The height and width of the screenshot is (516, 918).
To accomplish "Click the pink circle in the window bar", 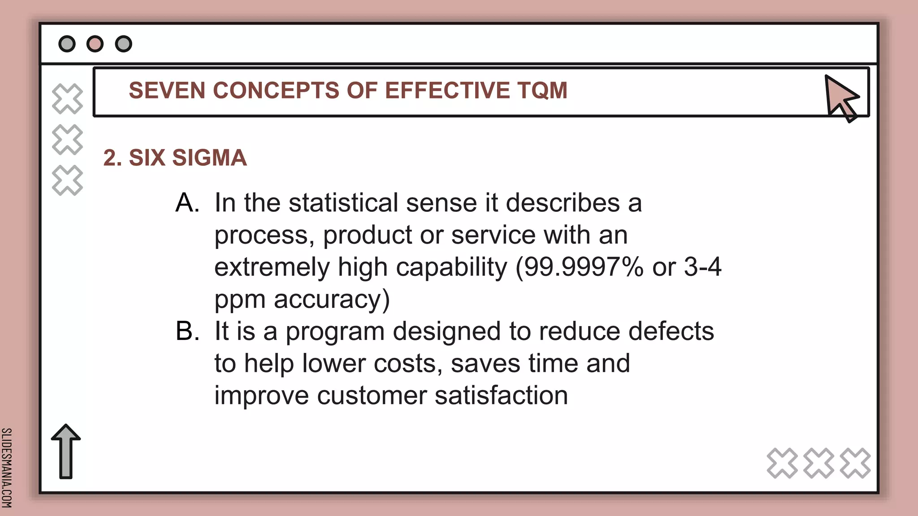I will (x=95, y=44).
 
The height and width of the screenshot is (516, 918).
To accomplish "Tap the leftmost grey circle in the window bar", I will (x=67, y=44).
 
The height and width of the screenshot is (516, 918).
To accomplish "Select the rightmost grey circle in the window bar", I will (x=124, y=44).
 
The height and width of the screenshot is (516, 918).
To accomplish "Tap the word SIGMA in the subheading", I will (x=209, y=158).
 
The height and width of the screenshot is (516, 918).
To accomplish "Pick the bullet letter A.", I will (x=187, y=203).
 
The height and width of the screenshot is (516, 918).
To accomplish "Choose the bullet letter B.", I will (x=187, y=331).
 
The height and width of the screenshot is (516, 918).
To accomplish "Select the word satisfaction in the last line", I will (x=501, y=396).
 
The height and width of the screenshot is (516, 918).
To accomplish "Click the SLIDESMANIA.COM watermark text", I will (x=7, y=468).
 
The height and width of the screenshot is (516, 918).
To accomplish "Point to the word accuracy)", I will (x=332, y=299).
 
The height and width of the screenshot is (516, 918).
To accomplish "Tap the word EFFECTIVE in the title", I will (x=447, y=90).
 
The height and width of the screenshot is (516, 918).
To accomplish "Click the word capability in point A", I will (x=451, y=267).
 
